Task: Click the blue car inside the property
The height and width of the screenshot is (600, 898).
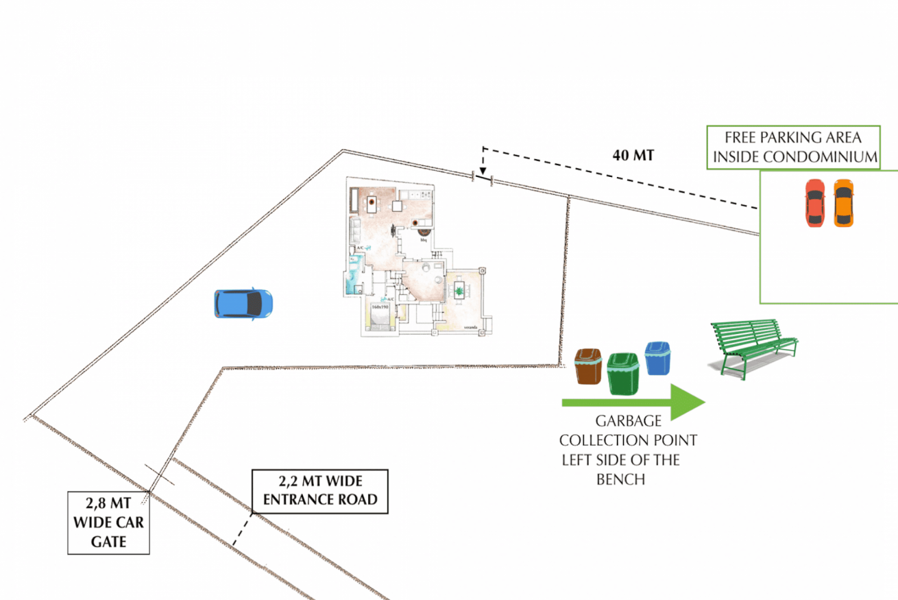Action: pos(243,303)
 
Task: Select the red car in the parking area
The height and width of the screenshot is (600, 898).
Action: pos(814,203)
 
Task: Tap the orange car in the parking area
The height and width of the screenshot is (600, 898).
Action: pos(842,203)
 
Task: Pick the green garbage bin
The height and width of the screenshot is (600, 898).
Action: pos(623,373)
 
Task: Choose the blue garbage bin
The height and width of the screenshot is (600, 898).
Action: pos(657,358)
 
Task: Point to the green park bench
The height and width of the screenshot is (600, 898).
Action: pos(753,346)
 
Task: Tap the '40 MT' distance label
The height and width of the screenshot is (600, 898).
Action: pos(633,156)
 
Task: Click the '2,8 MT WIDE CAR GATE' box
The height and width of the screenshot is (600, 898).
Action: pos(108,523)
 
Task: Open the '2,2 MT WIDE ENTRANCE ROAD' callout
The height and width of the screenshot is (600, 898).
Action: pos(319,491)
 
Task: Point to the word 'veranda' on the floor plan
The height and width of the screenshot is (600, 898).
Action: pos(469,327)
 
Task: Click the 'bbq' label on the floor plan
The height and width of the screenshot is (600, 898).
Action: pos(424,239)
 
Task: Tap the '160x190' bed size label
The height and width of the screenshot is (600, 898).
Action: pos(380,307)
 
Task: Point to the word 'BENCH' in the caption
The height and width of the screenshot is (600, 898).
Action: pos(620,479)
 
